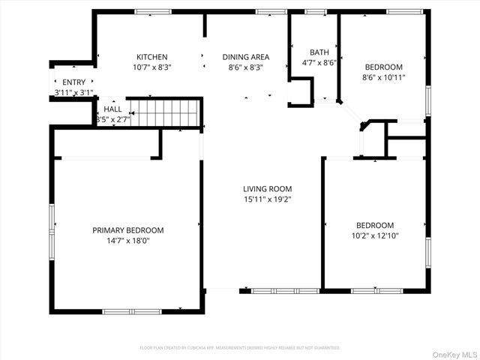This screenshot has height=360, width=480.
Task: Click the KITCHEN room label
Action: pyautogui.click(x=151, y=57)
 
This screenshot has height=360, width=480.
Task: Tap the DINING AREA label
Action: pyautogui.click(x=245, y=57)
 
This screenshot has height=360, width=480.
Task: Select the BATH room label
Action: pyautogui.click(x=319, y=52)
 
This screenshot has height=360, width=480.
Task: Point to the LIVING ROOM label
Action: pyautogui.click(x=267, y=189)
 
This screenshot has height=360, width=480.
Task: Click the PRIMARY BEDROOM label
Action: pyautogui.click(x=127, y=230)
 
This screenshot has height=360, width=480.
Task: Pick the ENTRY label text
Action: pyautogui.click(x=73, y=82)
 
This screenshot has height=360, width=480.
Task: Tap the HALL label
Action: pyautogui.click(x=112, y=109)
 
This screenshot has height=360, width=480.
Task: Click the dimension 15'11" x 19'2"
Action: pyautogui.click(x=267, y=200)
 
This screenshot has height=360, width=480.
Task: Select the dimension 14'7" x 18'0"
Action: pyautogui.click(x=127, y=241)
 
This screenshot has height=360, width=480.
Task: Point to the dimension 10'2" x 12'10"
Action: pyautogui.click(x=374, y=235)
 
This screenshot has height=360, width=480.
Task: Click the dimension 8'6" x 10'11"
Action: pyautogui.click(x=383, y=76)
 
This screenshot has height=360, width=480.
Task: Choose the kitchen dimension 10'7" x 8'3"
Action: pyautogui.click(x=151, y=67)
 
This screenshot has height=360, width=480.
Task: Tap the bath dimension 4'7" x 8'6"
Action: pyautogui.click(x=319, y=63)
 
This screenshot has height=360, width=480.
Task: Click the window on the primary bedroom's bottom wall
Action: pyautogui.click(x=131, y=311)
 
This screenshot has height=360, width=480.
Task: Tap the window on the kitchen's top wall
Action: pyautogui.click(x=152, y=12)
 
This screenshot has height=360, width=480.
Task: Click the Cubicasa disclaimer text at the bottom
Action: pyautogui.click(x=240, y=348)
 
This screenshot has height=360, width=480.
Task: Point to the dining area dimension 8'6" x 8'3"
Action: pyautogui.click(x=245, y=67)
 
